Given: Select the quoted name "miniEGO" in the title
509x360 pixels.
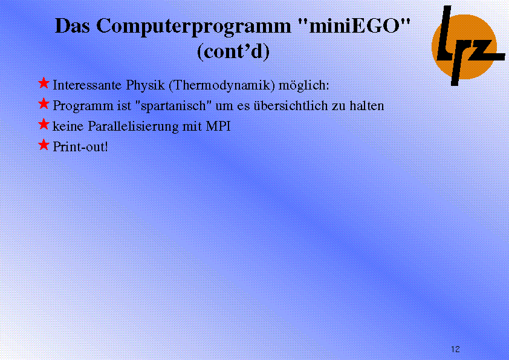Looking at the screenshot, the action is [x=354, y=25].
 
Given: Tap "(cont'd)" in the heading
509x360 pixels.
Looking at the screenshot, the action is [x=233, y=51].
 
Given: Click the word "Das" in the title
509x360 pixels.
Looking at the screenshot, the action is [x=73, y=25].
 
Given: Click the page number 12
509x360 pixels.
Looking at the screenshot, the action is [x=455, y=349].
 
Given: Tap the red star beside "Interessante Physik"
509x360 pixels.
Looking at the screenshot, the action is [x=44, y=83].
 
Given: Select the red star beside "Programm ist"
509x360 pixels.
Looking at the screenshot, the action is [x=44, y=103].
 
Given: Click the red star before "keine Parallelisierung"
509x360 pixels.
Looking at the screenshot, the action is [x=44, y=124].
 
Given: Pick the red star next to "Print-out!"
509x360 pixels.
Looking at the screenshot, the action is [x=44, y=145].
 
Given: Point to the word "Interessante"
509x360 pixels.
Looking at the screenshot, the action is [x=87, y=85].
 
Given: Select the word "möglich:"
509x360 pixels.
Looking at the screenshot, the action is [x=304, y=85].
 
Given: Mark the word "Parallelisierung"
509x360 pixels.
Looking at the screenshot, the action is [x=133, y=126].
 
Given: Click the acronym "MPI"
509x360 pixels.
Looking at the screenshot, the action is [x=218, y=126].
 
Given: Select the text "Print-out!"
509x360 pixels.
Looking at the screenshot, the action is [x=80, y=146].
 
